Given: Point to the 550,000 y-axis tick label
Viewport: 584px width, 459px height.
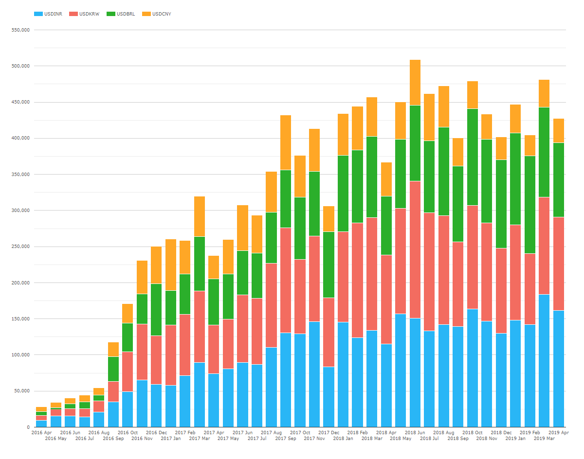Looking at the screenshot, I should [20, 30].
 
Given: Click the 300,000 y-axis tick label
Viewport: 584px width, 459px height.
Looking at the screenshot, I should [20, 211].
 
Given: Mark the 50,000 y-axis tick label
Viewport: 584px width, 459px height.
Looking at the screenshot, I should [22, 391].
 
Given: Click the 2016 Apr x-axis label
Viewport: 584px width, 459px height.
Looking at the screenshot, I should [41, 432].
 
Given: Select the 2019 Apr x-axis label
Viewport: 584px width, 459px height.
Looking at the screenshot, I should [558, 432].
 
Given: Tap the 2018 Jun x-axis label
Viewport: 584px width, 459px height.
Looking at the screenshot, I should [415, 432].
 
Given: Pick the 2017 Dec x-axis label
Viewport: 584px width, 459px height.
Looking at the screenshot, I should [329, 432].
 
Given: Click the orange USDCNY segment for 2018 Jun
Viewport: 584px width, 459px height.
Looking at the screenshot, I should [415, 83].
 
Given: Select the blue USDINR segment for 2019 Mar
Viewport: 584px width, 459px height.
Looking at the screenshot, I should [544, 360].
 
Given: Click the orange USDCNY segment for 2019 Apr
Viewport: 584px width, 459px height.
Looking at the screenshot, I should [558, 130].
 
